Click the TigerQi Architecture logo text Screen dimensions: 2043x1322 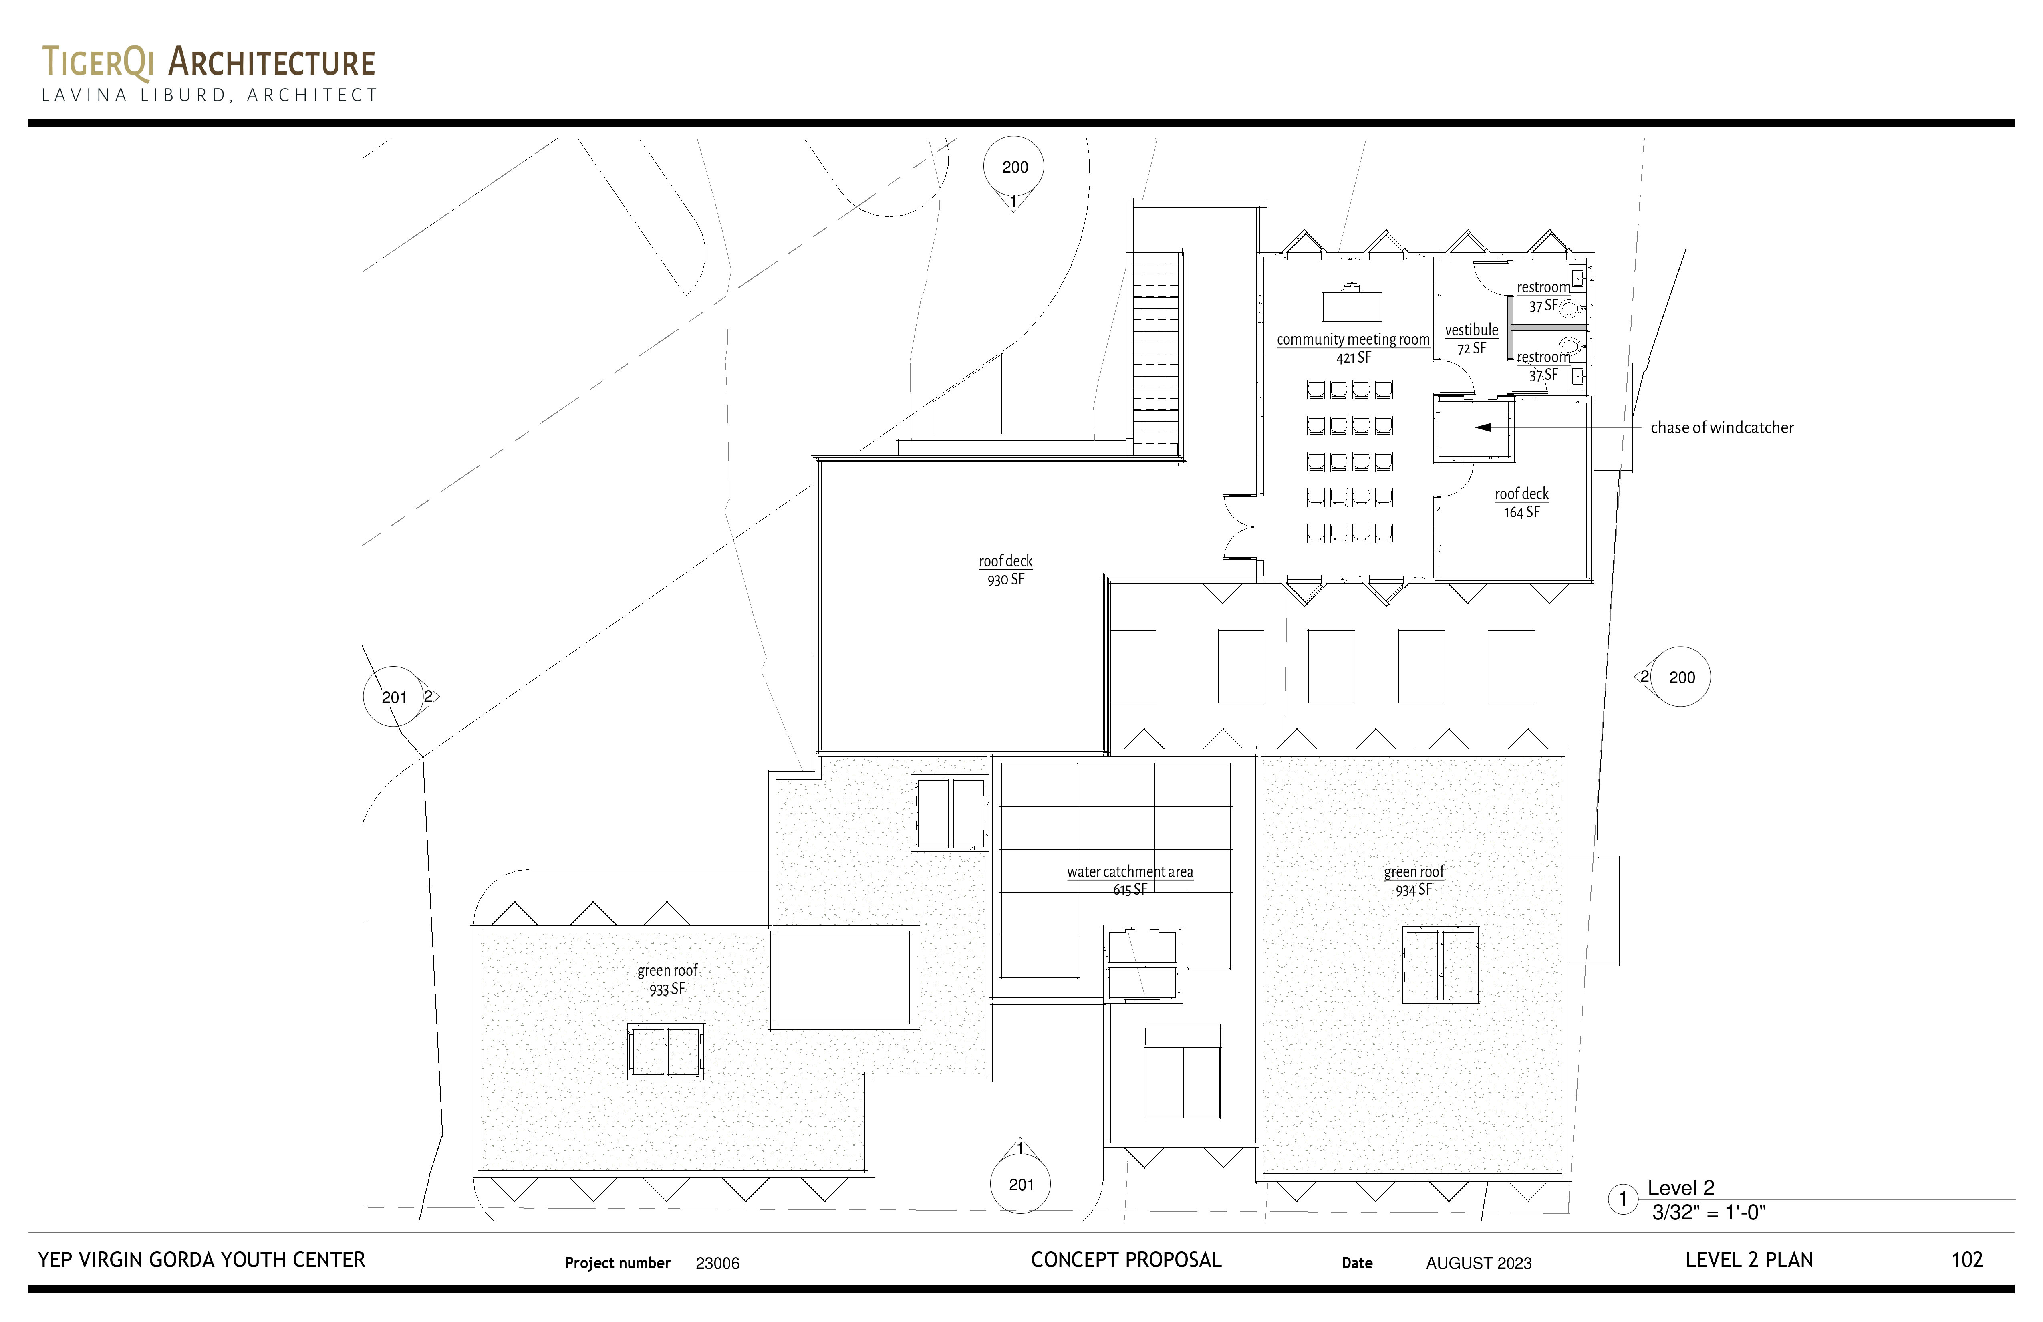[209, 62]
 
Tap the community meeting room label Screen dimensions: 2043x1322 [1353, 348]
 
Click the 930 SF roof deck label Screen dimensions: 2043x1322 [1005, 570]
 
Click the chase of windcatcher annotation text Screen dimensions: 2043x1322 [1722, 427]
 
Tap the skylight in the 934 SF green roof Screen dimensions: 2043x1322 [1441, 964]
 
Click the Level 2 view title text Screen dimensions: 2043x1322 [1681, 1188]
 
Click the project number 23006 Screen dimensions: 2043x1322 [717, 1263]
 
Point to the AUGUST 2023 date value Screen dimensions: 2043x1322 [1479, 1263]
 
